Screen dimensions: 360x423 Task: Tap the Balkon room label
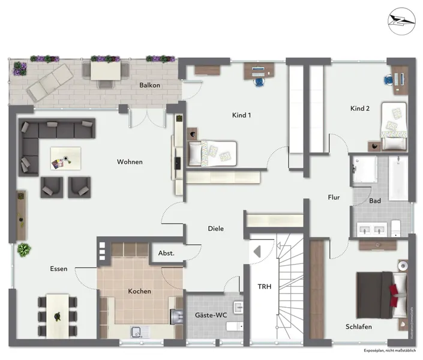[x=149, y=85]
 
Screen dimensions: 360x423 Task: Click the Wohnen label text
[x=130, y=162]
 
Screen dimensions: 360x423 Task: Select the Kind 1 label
[x=241, y=115]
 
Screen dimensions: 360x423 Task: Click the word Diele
[x=216, y=229]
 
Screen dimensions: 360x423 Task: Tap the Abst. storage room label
[x=166, y=253]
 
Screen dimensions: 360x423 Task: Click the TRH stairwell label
[x=265, y=287]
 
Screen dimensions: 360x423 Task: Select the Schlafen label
[x=359, y=326]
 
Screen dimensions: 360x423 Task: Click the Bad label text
[x=375, y=200]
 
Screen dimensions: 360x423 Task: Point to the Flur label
[x=334, y=197]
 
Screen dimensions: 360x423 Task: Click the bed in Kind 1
[x=213, y=152]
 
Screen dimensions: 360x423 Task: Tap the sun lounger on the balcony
[x=51, y=80]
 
